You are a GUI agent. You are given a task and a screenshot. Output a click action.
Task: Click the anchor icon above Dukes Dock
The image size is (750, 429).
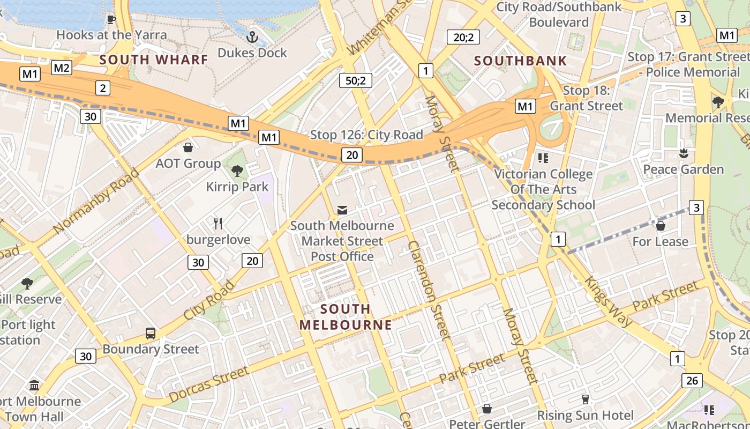coord(252,37)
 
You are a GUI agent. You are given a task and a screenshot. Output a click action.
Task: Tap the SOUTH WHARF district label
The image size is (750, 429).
coord(154,60)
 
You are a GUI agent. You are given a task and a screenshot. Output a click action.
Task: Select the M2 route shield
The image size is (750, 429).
coord(62,68)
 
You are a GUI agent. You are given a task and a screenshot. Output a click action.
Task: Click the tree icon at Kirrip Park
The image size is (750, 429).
coord(237,171)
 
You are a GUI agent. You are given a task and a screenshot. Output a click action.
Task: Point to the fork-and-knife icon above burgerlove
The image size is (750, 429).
coord(218,223)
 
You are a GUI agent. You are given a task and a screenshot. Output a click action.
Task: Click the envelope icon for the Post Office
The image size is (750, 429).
coord(342,210)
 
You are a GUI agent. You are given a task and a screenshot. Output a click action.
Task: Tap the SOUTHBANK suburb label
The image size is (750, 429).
coord(520,61)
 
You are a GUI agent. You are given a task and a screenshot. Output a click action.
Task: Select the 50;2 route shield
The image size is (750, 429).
coord(355,80)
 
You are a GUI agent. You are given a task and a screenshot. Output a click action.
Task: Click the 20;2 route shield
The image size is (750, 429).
coord(463,37)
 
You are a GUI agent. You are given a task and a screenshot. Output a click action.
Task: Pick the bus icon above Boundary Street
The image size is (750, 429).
coord(151,333)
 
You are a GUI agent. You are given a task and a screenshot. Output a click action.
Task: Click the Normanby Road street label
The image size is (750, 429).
coord(96,201)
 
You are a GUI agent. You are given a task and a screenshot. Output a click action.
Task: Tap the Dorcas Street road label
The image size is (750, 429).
coord(208,384)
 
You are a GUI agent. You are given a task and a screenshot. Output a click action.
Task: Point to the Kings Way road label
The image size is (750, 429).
coord(608,301)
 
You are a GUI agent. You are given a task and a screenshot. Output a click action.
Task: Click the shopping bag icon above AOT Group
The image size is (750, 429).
coord(188,147)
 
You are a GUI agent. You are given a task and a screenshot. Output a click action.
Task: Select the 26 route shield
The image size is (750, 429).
coord(692,381)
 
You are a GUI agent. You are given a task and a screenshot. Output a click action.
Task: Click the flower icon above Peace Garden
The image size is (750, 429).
coord(683,154)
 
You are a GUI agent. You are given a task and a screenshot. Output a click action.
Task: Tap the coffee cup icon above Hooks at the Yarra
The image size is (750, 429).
coord(111,19)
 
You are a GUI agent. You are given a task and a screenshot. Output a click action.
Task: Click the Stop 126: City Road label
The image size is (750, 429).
coord(366,135)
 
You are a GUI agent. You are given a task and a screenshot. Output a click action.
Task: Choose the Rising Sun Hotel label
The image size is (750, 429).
coord(585,415)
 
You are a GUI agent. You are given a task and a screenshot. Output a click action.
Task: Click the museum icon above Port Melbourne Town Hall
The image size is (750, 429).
coord(35,385)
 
